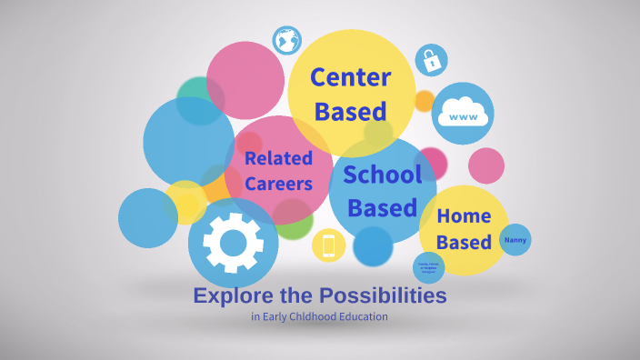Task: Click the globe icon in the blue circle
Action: point(287,41)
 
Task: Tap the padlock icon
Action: point(431,61)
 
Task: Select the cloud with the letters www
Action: point(463,115)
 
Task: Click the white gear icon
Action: point(233,242)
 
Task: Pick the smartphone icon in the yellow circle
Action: point(328,245)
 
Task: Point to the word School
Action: point(382,175)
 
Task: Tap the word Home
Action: point(464,216)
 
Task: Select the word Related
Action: point(278,158)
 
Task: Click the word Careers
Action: point(278,184)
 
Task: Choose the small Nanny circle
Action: point(515,240)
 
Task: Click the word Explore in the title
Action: point(227,296)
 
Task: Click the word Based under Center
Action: point(351,112)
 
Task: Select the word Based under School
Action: point(382,207)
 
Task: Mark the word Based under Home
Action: point(464,244)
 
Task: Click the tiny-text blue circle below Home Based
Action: point(428,267)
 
